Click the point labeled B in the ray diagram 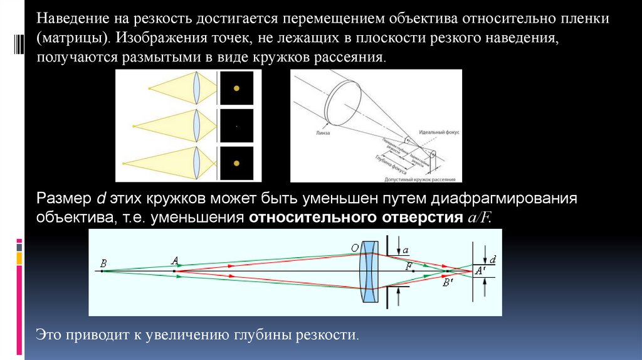[x=103, y=262]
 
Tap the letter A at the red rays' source [x=174, y=260]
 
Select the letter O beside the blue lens [x=354, y=249]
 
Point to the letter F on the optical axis [x=409, y=266]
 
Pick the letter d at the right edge [x=493, y=258]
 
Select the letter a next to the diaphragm [x=406, y=250]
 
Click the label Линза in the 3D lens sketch [x=324, y=134]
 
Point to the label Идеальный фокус [x=434, y=133]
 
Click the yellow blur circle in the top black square [x=236, y=88]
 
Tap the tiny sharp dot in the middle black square [x=236, y=126]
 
